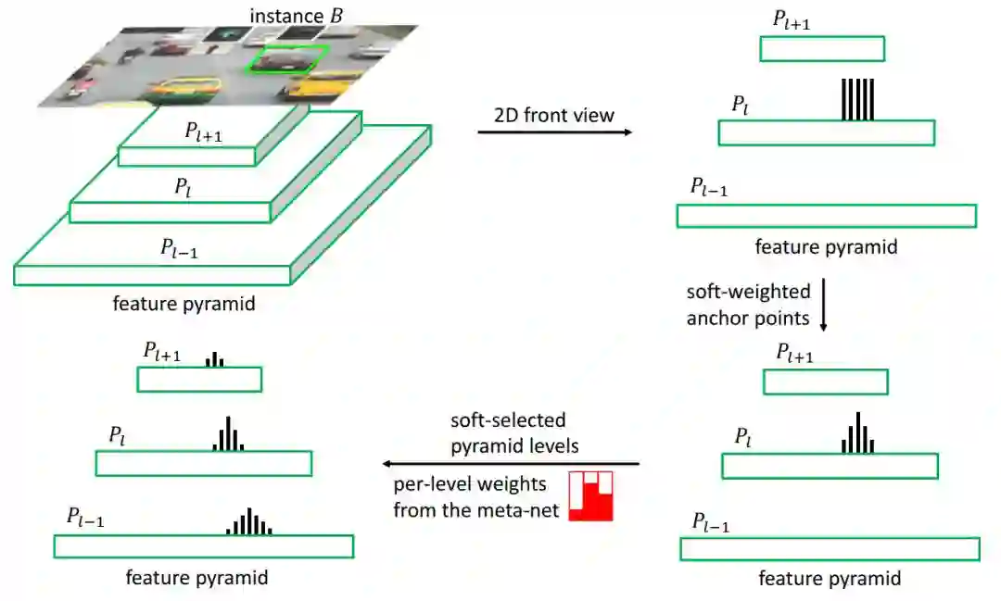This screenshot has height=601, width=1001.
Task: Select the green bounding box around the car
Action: point(286,58)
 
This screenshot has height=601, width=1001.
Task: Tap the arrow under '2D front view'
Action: point(554,132)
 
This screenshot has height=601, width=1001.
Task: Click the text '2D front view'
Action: point(554,115)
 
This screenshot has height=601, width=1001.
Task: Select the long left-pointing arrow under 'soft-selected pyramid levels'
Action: point(513,463)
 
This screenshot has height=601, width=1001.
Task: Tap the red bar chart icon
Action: point(591,496)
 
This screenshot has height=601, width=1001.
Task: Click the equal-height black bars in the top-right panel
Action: point(857,100)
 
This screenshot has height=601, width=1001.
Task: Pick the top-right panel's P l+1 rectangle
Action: point(821,49)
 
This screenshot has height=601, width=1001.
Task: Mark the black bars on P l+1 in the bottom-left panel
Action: point(215,359)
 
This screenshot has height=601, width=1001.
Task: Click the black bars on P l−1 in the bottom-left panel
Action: point(249,523)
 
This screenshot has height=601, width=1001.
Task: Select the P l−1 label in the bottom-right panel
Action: point(711,522)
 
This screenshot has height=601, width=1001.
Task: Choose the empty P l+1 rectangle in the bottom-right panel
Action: point(825,382)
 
